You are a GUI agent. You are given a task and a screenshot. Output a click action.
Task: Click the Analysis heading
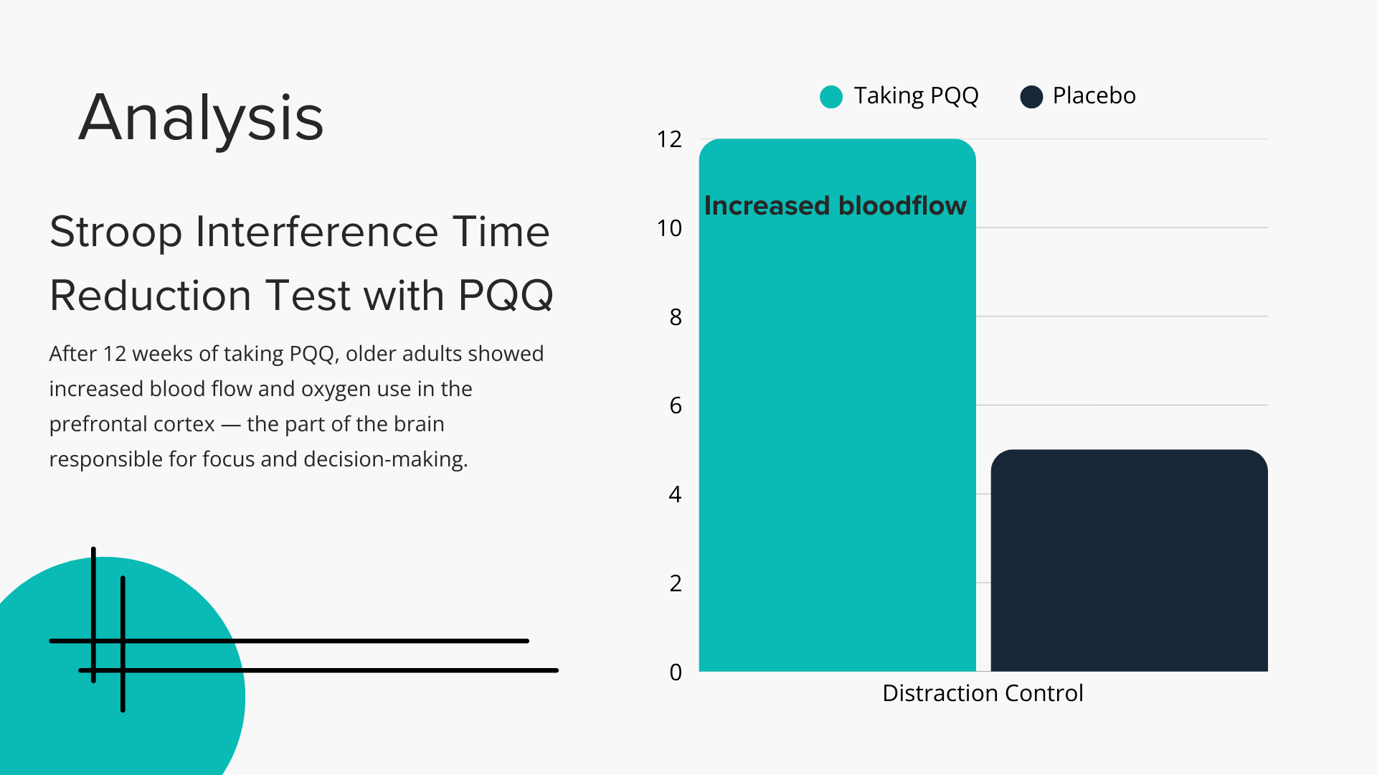pyautogui.click(x=202, y=118)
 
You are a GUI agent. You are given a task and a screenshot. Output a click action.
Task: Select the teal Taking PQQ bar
pyautogui.click(x=837, y=431)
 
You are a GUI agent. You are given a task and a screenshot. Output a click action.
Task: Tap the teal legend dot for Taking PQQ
pyautogui.click(x=831, y=97)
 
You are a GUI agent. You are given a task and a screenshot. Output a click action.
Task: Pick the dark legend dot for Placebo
pyautogui.click(x=1031, y=97)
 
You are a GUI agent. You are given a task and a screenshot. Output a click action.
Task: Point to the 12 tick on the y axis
pyautogui.click(x=669, y=139)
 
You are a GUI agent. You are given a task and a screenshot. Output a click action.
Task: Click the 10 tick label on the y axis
pyautogui.click(x=669, y=228)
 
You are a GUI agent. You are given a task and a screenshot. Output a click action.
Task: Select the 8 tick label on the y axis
pyautogui.click(x=676, y=317)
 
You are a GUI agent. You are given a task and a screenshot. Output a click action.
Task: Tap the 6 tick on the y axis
pyautogui.click(x=676, y=405)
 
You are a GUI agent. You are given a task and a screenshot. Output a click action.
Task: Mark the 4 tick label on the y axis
pyautogui.click(x=676, y=494)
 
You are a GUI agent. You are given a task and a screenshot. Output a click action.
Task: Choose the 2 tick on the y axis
pyautogui.click(x=676, y=583)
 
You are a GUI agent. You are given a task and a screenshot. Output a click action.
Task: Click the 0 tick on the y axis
pyautogui.click(x=676, y=672)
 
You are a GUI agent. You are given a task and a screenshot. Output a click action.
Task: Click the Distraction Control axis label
pyautogui.click(x=983, y=693)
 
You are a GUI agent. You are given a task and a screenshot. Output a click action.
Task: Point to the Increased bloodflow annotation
pyautogui.click(x=836, y=206)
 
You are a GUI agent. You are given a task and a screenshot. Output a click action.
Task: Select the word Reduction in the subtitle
pyautogui.click(x=150, y=296)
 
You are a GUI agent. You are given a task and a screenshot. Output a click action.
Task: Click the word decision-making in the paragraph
pyautogui.click(x=385, y=459)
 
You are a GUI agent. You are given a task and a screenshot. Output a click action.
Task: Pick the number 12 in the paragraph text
pyautogui.click(x=114, y=354)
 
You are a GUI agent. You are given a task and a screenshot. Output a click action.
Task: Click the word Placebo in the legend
pyautogui.click(x=1094, y=95)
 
